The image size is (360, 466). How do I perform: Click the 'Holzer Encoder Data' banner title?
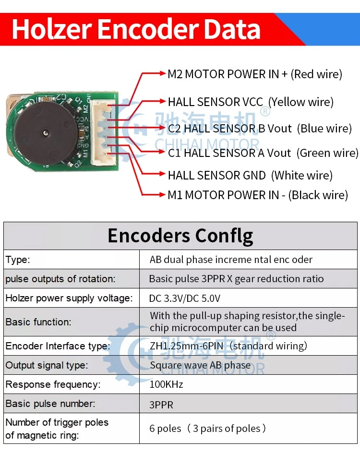[136, 29]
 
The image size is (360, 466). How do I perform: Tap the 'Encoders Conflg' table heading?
[180, 236]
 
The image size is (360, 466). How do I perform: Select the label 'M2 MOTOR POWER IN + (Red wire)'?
[255, 74]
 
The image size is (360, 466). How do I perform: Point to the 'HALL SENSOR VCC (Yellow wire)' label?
[251, 102]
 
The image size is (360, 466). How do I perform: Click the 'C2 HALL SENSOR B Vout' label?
[230, 129]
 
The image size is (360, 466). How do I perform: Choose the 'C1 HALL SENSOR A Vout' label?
[229, 153]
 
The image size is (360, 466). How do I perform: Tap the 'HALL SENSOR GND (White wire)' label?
[250, 175]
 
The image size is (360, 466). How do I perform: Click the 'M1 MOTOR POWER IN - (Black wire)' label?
[258, 195]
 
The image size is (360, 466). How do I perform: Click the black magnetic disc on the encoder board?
[46, 133]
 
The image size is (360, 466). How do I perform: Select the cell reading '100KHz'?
[166, 384]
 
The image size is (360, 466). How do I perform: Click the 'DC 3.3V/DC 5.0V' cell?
[185, 298]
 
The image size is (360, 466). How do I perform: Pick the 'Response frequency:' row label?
[53, 384]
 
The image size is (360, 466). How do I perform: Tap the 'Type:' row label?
[18, 260]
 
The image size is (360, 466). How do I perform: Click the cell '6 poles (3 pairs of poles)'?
[207, 428]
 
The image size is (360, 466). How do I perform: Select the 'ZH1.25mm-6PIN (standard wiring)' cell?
[228, 346]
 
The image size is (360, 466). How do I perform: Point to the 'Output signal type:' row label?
[47, 365]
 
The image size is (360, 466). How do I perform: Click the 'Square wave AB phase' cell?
[200, 365]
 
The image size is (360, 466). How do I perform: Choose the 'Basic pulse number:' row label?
[50, 404]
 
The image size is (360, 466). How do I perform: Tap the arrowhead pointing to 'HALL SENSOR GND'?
[162, 174]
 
